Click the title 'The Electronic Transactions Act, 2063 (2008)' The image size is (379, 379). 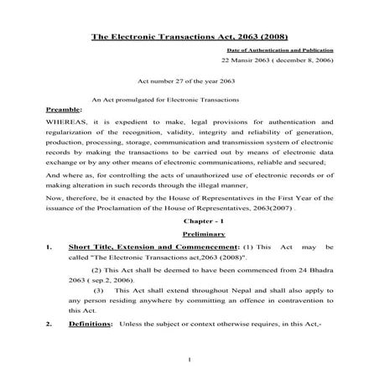coord(189,37)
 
